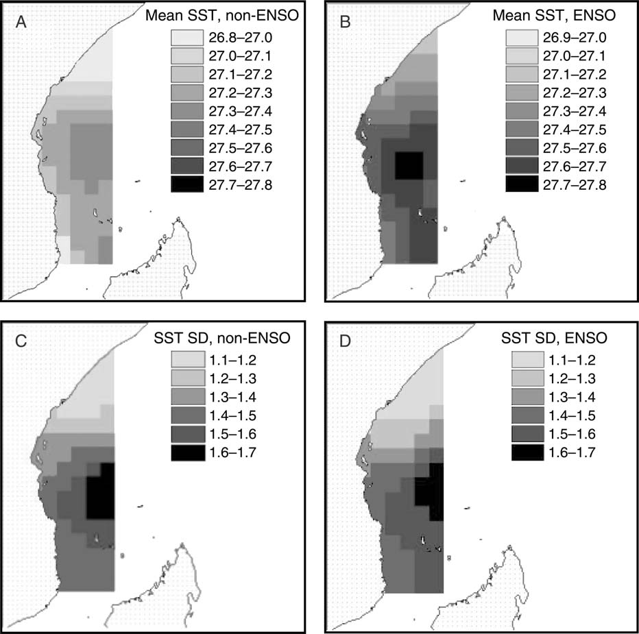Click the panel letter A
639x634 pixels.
coord(22,23)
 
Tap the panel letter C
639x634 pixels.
coord(23,341)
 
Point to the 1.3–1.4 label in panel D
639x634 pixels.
coord(572,396)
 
